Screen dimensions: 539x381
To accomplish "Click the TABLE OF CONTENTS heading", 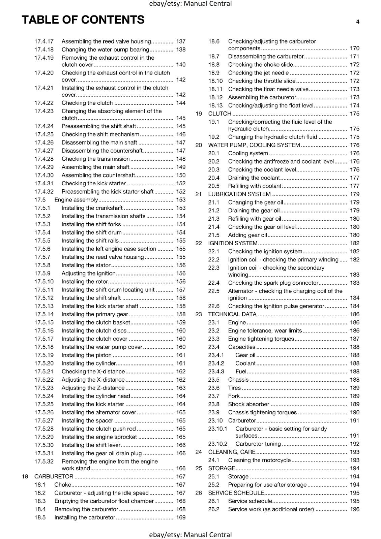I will pyautogui.click(x=83, y=20).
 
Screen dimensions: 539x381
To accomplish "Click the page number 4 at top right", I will pyautogui.click(x=357, y=22).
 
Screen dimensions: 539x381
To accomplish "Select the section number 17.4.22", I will pyautogui.click(x=44, y=103).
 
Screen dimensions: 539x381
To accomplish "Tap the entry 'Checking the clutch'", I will pyautogui.click(x=87, y=103).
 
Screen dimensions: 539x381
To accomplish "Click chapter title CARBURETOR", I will pyautogui.click(x=54, y=476).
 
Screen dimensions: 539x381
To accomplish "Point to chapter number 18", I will pyautogui.click(x=25, y=476).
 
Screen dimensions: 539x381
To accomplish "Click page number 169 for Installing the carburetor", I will pyautogui.click(x=181, y=517).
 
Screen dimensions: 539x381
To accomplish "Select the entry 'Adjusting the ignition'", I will pyautogui.click(x=88, y=274).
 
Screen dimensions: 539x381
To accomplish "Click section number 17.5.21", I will pyautogui.click(x=44, y=372).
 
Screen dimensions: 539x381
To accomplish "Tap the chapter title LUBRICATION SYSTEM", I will pyautogui.click(x=239, y=194).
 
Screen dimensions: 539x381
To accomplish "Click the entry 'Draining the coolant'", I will pyautogui.click(x=254, y=178).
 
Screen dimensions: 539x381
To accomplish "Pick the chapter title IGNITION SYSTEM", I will pyautogui.click(x=233, y=243).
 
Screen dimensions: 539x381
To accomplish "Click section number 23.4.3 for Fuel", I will pyautogui.click(x=216, y=372).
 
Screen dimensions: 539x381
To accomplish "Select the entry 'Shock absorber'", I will pyautogui.click(x=248, y=404).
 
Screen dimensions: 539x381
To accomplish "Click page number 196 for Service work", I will pyautogui.click(x=354, y=509).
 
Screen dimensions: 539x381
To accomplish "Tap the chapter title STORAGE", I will pyautogui.click(x=222, y=468).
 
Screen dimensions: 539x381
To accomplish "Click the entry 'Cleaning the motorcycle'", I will pyautogui.click(x=259, y=460).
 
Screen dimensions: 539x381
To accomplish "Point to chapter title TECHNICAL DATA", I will pyautogui.click(x=232, y=314).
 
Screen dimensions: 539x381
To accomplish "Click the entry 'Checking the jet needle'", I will pyautogui.click(x=258, y=73).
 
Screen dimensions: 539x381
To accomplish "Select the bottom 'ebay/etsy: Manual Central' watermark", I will pyautogui.click(x=190, y=535).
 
